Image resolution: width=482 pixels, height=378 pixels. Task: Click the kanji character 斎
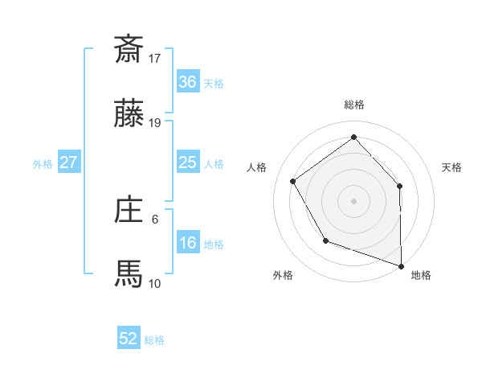pyautogui.click(x=129, y=48)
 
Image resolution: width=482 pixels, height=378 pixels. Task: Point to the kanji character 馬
pyautogui.click(x=129, y=273)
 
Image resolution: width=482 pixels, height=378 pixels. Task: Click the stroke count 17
pyautogui.click(x=155, y=58)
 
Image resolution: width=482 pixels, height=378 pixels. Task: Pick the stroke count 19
pyautogui.click(x=155, y=123)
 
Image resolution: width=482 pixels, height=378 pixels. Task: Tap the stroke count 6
pyautogui.click(x=155, y=218)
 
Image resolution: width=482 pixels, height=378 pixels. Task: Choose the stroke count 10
pyautogui.click(x=155, y=283)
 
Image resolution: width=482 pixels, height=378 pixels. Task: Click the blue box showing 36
pyautogui.click(x=187, y=81)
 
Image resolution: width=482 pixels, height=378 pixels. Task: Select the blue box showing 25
pyautogui.click(x=187, y=162)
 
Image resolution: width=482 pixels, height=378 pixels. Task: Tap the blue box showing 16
pyautogui.click(x=187, y=243)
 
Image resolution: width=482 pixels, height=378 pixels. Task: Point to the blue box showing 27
pyautogui.click(x=68, y=162)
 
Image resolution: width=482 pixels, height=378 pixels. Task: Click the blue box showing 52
pyautogui.click(x=129, y=339)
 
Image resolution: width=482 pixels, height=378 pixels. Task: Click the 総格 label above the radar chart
pyautogui.click(x=354, y=105)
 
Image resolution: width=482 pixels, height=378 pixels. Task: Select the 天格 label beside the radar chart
pyautogui.click(x=451, y=167)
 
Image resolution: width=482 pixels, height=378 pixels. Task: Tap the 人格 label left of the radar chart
pyautogui.click(x=257, y=167)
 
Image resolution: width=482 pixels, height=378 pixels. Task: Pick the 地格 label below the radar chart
pyautogui.click(x=421, y=275)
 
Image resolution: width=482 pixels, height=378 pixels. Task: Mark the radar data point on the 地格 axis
pyautogui.click(x=401, y=265)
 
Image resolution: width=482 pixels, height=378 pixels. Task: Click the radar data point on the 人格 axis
pyautogui.click(x=293, y=181)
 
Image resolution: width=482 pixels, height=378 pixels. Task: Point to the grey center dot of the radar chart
pyautogui.click(x=354, y=200)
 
